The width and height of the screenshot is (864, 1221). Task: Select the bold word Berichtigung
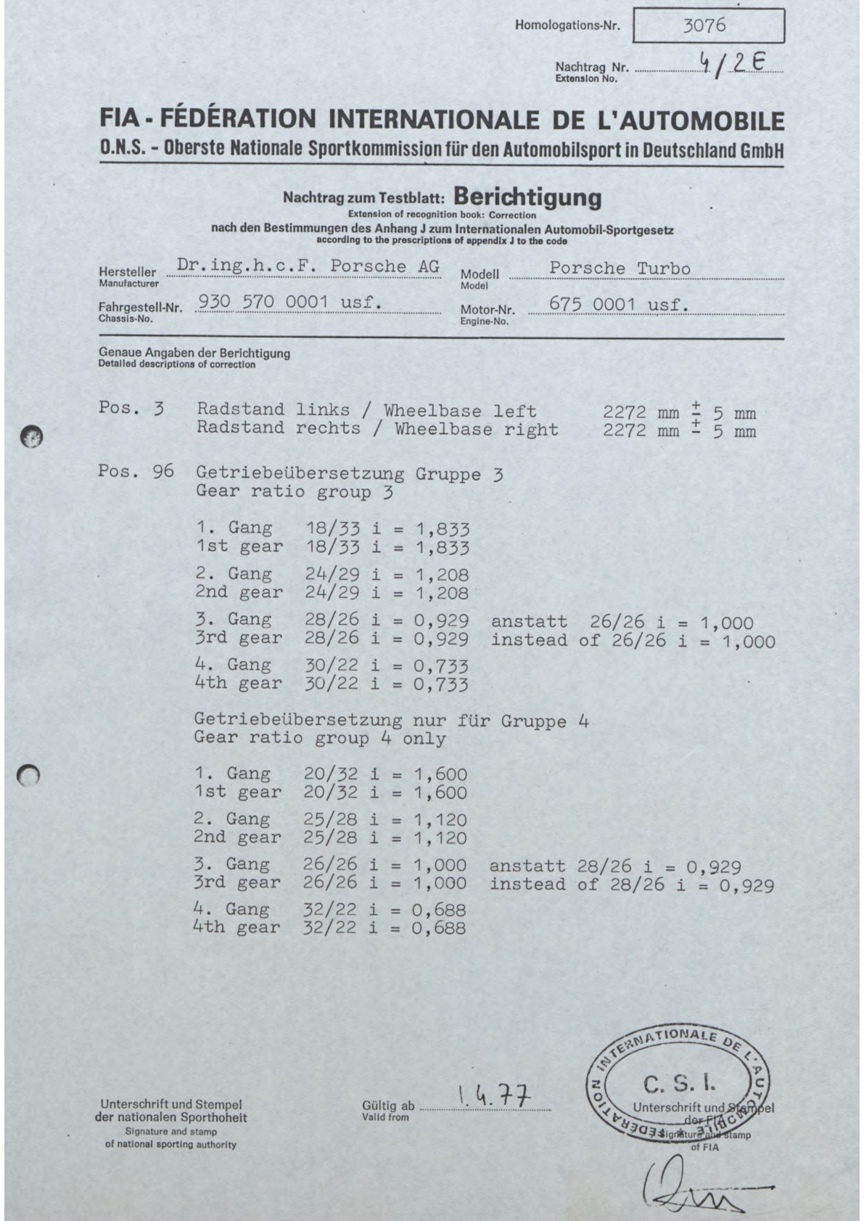(x=527, y=197)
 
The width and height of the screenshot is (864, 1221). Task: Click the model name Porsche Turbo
(x=620, y=268)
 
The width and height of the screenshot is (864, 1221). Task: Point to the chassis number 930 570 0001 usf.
(x=290, y=302)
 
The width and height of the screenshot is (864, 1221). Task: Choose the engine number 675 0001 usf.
(x=619, y=305)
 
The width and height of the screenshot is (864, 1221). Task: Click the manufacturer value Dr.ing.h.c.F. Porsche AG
(x=308, y=266)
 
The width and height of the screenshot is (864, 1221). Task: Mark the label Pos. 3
(x=131, y=408)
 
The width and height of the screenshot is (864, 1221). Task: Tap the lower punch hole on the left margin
(x=30, y=776)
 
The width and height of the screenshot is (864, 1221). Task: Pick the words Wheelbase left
(x=460, y=411)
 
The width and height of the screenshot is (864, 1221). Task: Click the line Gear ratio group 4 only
(x=319, y=739)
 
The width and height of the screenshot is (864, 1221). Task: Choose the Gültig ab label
(x=387, y=1106)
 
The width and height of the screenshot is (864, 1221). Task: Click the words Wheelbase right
(x=476, y=429)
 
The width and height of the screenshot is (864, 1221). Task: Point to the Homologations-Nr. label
(x=567, y=25)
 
